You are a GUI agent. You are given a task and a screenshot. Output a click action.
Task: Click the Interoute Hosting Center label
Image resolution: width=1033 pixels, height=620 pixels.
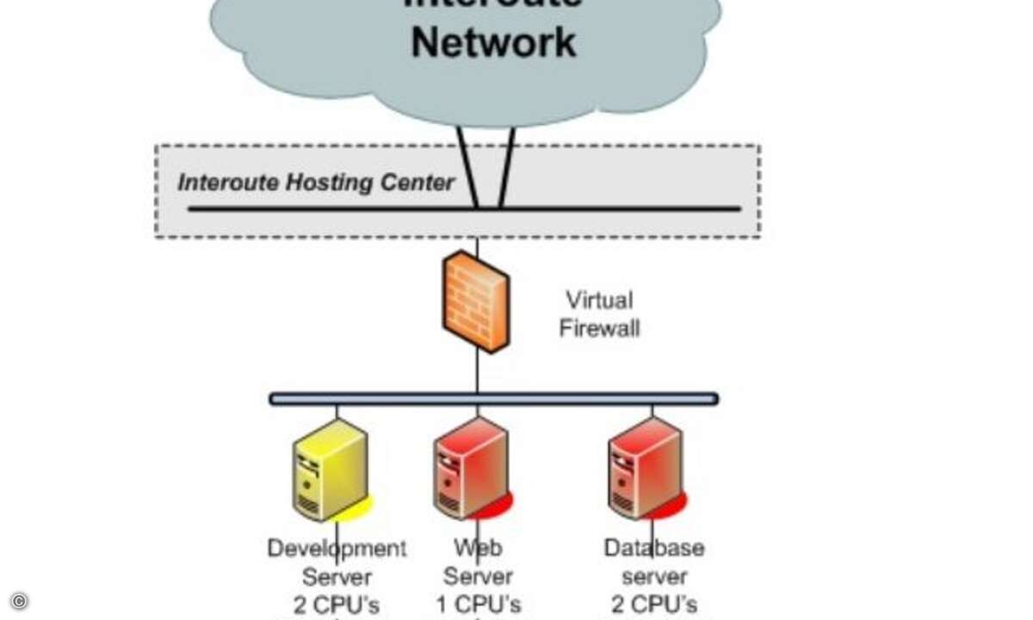(315, 183)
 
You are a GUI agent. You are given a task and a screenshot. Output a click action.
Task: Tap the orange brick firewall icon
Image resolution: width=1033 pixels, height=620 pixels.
(476, 301)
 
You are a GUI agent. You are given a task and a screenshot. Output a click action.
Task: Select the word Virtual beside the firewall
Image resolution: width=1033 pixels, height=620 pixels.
(599, 301)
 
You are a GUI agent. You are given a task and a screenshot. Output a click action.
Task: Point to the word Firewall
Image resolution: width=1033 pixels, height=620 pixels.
(599, 328)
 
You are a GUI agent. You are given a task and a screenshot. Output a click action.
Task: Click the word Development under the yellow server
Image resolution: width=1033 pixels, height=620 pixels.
(337, 548)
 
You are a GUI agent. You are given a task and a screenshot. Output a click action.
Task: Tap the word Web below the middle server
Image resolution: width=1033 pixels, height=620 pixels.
(478, 548)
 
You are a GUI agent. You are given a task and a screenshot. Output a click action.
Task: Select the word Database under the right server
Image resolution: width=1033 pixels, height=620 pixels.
(654, 548)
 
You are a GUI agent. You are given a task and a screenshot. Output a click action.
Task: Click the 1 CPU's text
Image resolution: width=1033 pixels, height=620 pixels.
(479, 604)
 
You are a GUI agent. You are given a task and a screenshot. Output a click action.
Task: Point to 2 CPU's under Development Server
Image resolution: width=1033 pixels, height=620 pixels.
(337, 604)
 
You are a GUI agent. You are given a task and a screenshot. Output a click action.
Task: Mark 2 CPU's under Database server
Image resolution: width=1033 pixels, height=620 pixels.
(654, 604)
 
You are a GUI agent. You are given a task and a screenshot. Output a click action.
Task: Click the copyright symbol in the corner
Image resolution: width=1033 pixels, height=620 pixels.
(19, 601)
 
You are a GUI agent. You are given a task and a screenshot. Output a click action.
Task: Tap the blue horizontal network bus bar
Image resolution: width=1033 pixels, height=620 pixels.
(493, 399)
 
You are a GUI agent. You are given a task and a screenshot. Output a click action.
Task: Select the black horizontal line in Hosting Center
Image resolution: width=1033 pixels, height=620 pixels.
(344, 208)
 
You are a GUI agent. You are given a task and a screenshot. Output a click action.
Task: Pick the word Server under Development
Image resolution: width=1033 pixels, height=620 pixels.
(337, 576)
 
